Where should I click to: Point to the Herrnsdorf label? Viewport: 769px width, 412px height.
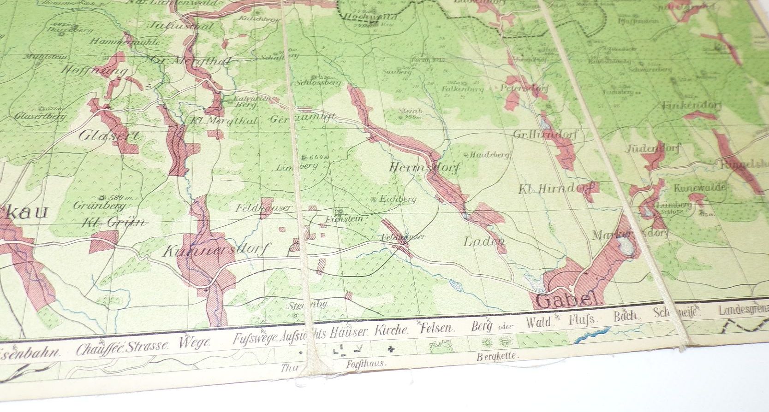424,167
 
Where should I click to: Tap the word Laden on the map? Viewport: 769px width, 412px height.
484,241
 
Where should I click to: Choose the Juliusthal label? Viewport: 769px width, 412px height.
179,26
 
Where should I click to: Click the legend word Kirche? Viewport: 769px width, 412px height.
391,330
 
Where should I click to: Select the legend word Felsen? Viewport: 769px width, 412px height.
437,329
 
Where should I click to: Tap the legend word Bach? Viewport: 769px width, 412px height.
625,317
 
